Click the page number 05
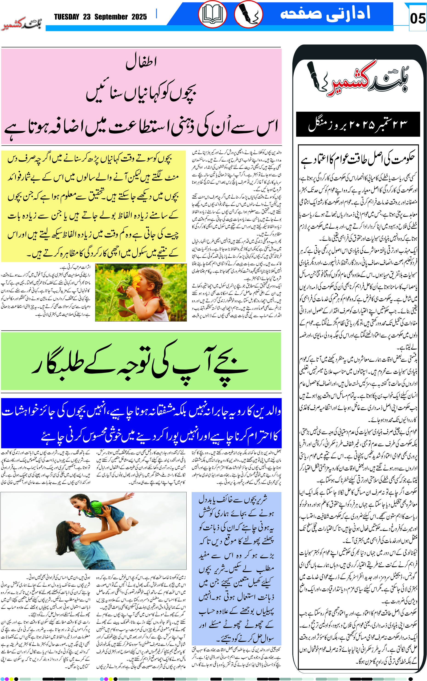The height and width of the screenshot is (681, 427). [x=417, y=18]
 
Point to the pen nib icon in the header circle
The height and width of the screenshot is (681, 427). [x=248, y=14]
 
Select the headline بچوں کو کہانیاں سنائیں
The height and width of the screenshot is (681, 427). [x=141, y=92]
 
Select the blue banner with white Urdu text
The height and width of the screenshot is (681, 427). [x=141, y=422]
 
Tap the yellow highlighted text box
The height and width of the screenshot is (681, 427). [x=93, y=206]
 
